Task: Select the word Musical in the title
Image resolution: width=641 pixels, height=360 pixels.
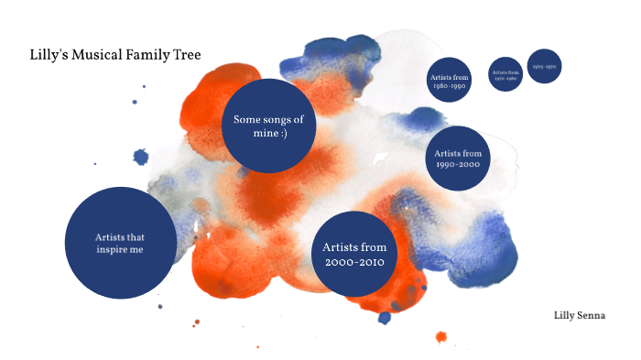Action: pyautogui.click(x=99, y=56)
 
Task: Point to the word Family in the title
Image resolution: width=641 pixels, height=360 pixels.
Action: pyautogui.click(x=147, y=56)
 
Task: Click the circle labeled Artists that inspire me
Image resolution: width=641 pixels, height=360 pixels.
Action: pyautogui.click(x=120, y=242)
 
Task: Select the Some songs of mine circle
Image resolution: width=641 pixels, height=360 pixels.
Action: pyautogui.click(x=269, y=125)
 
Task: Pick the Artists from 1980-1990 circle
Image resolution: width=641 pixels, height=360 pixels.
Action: pyautogui.click(x=449, y=81)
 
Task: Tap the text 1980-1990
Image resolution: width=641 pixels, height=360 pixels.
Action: pyautogui.click(x=449, y=85)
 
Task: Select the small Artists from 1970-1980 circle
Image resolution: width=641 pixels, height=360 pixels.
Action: pyautogui.click(x=505, y=73)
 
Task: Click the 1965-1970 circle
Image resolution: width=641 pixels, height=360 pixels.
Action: pyautogui.click(x=544, y=67)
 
